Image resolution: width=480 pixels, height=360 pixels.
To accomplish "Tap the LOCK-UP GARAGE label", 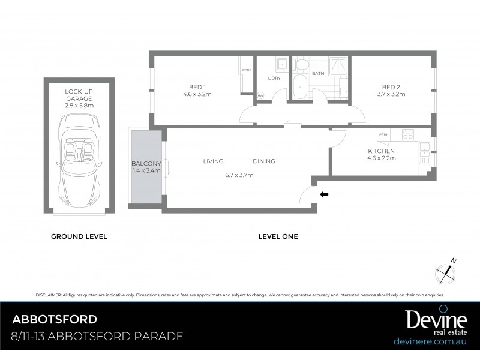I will (79, 98).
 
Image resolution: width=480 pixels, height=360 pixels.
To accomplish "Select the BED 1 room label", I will (197, 89).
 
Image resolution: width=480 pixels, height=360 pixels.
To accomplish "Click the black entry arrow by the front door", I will (324, 194).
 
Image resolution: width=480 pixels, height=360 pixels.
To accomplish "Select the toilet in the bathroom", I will (302, 64).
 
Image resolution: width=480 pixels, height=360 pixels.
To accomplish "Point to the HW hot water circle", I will (261, 96).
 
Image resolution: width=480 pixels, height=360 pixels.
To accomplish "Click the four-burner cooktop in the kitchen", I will (408, 134).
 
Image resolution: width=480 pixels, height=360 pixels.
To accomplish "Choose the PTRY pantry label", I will (383, 135).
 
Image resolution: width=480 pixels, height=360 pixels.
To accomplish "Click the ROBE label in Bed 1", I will (246, 70).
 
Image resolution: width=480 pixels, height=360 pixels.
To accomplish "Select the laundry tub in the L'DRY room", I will (281, 64).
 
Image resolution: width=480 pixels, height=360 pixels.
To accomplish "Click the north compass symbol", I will (446, 270).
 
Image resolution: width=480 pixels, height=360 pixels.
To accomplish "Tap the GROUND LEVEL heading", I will (79, 236).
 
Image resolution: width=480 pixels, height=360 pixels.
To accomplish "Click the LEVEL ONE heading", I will (278, 236).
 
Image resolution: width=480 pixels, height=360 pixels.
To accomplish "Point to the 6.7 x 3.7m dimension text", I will (239, 175).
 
